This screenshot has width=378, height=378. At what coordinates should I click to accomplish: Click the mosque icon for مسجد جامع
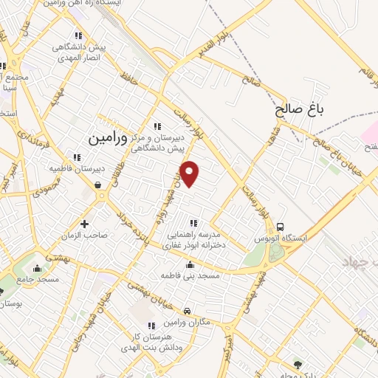(x=38, y=268)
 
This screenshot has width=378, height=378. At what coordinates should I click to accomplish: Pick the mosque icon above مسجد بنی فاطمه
(x=191, y=264)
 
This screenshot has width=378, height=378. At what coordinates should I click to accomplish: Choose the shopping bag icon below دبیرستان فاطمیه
(x=98, y=185)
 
